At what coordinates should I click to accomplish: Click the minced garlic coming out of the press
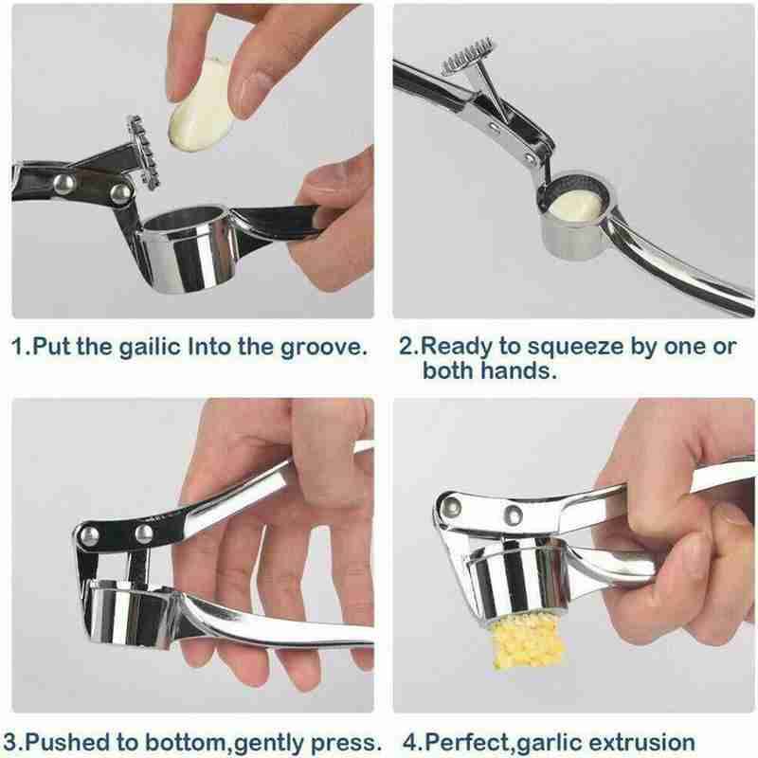[x=527, y=643]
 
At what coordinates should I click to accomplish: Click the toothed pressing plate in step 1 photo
[x=141, y=152]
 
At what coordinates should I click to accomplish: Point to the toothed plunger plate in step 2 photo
[x=468, y=57]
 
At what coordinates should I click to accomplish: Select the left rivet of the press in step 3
[x=89, y=535]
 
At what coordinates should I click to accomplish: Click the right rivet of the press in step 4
[x=513, y=514]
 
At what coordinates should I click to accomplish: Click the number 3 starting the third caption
[x=9, y=742]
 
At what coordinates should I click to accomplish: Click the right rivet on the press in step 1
[x=121, y=193]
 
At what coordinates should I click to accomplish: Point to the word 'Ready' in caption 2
[x=457, y=348]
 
